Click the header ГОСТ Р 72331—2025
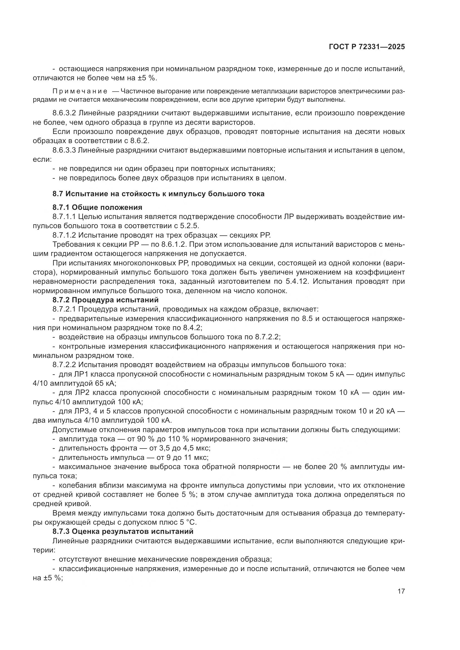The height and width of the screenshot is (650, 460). (x=367, y=47)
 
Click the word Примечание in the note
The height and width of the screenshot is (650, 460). (x=80, y=91)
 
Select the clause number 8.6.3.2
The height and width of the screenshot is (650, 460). (x=64, y=113)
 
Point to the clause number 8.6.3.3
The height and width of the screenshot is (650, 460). (x=64, y=150)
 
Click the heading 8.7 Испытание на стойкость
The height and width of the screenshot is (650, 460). (x=158, y=194)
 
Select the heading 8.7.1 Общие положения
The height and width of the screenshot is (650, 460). (x=97, y=208)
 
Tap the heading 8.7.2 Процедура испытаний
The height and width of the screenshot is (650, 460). (x=105, y=300)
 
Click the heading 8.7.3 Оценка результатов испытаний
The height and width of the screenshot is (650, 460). (x=123, y=531)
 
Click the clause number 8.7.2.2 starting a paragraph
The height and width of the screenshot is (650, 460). (x=64, y=365)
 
